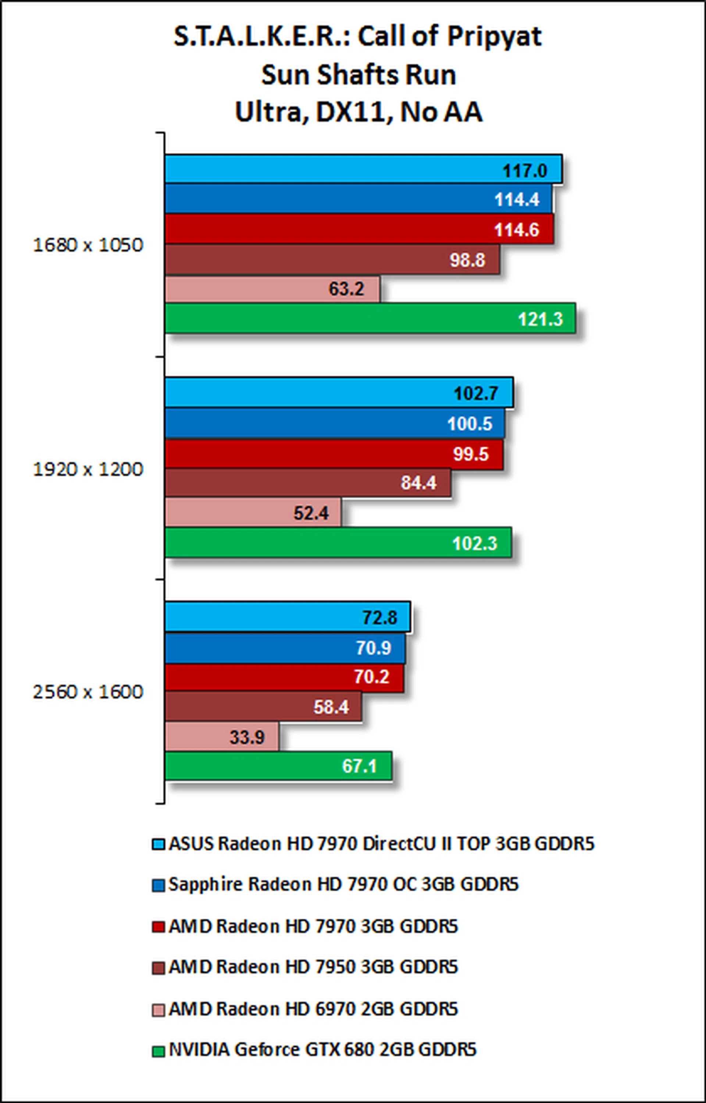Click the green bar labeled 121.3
pyautogui.click(x=370, y=318)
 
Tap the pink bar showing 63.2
pyautogui.click(x=272, y=289)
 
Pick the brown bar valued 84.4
pyautogui.click(x=308, y=482)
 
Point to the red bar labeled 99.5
pyautogui.click(x=334, y=454)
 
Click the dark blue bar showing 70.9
pyautogui.click(x=285, y=648)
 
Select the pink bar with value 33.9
pyautogui.click(x=222, y=737)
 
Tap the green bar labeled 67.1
pyautogui.click(x=278, y=766)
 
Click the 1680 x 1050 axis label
pyautogui.click(x=88, y=245)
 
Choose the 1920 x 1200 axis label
pyautogui.click(x=88, y=469)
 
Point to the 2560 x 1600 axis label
pyautogui.click(x=88, y=692)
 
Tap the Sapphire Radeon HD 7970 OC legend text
pyautogui.click(x=343, y=884)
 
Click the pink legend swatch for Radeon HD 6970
pyautogui.click(x=158, y=1010)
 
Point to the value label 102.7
pyautogui.click(x=475, y=393)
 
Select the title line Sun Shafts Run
pyautogui.click(x=359, y=75)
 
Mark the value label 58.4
pyautogui.click(x=331, y=707)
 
